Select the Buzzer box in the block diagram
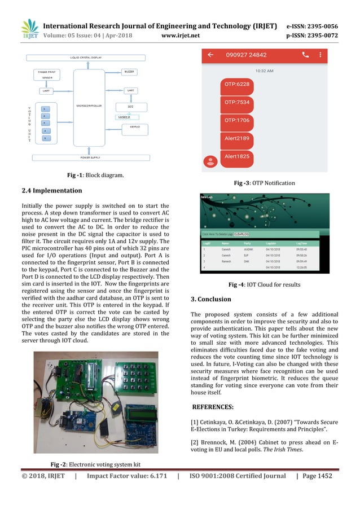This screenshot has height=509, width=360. click(129, 72)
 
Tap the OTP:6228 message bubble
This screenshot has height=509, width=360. click(237, 85)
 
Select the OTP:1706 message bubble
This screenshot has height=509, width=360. click(237, 120)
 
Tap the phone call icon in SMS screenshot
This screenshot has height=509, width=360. click(305, 55)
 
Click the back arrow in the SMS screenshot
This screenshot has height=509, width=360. click(210, 55)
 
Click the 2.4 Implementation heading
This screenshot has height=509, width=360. click(51, 191)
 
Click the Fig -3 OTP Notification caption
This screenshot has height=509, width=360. click(264, 183)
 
